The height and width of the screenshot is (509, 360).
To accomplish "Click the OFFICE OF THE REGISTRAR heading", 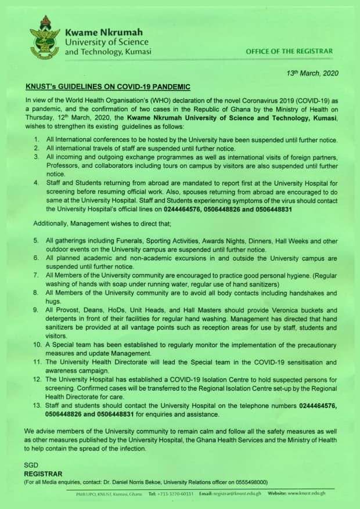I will point(289,51).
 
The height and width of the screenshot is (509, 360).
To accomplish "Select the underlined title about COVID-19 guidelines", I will point(108,87).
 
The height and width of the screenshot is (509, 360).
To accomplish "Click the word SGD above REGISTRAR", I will point(31,466).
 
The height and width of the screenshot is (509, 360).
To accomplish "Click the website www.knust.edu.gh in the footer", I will point(308,494).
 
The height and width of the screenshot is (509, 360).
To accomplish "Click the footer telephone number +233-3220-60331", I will point(173,494).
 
